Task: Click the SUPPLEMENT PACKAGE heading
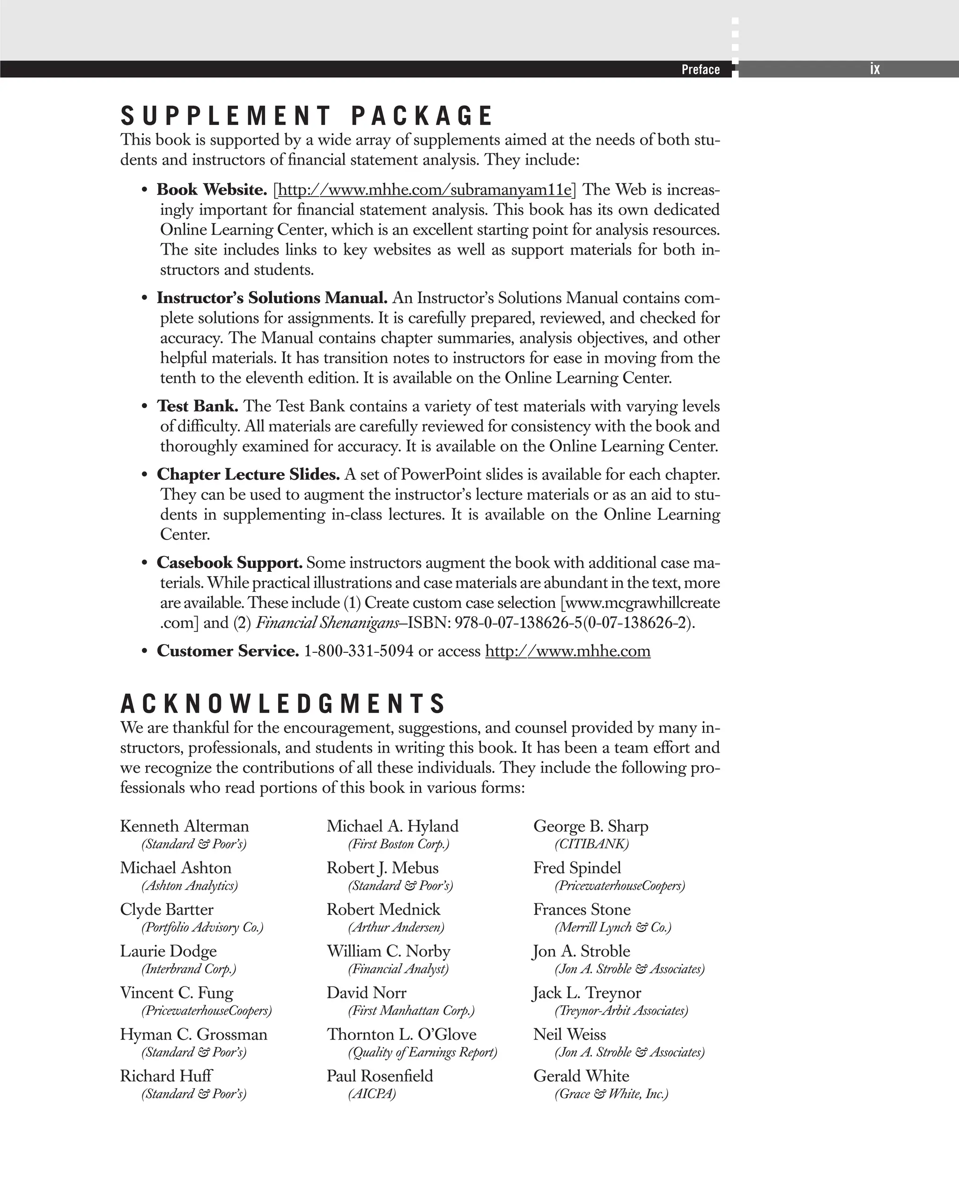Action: tap(306, 116)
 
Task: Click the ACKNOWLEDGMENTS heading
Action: tap(283, 703)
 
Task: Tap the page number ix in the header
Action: tap(875, 69)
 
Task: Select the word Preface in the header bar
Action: tap(700, 70)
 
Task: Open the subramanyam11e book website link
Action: tap(424, 190)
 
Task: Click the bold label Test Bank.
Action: tap(198, 406)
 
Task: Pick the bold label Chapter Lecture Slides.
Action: tap(248, 475)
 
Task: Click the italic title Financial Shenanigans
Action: tap(327, 622)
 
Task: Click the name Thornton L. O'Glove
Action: tap(401, 1034)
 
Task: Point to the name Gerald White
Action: tap(581, 1075)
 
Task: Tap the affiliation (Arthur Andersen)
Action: tap(396, 927)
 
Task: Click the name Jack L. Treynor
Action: tap(587, 992)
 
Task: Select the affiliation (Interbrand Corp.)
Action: tap(189, 969)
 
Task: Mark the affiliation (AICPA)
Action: tap(372, 1094)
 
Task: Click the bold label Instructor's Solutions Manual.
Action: tap(272, 298)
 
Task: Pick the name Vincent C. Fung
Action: tap(177, 992)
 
